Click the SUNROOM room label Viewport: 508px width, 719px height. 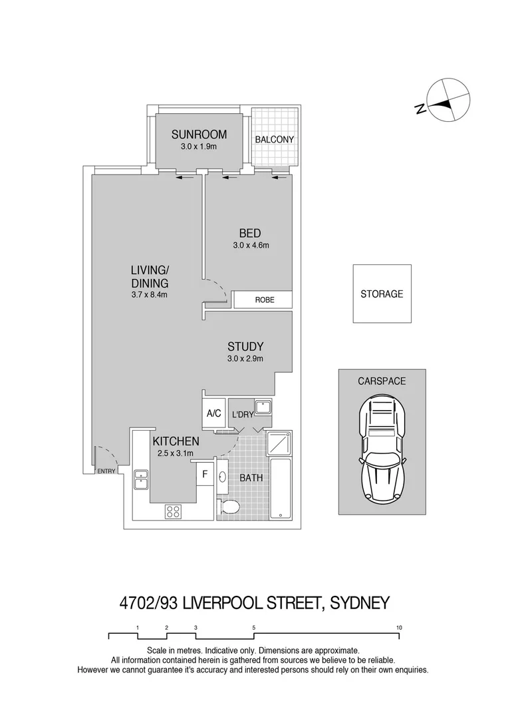199,134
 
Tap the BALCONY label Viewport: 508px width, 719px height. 275,139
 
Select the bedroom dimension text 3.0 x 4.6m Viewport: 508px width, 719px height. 250,245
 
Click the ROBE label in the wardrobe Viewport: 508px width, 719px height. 264,301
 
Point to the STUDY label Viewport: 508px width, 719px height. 245,347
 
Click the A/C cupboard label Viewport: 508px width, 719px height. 213,413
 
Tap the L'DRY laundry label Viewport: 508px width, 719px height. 241,414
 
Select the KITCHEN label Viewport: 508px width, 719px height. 176,441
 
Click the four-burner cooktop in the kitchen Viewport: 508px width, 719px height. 174,511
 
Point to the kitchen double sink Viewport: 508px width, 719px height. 141,479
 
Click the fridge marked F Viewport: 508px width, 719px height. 205,475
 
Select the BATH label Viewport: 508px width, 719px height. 251,478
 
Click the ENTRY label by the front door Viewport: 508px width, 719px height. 106,471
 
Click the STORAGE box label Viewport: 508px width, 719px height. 382,294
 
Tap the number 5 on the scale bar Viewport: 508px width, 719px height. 254,627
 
